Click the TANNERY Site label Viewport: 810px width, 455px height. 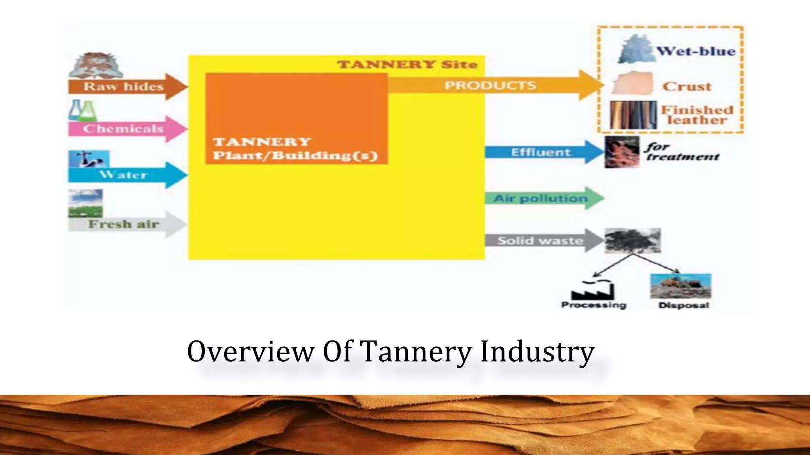tap(407, 64)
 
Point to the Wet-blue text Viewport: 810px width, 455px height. tap(696, 51)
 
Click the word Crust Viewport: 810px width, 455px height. tap(687, 86)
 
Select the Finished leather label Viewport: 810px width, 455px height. tap(697, 115)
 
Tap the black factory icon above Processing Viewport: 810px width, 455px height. tap(592, 290)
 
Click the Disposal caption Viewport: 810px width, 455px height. tap(684, 305)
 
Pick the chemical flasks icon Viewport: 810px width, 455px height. tap(83, 110)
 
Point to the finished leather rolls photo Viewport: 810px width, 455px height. tap(633, 115)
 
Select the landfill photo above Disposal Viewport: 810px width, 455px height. tap(681, 286)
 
